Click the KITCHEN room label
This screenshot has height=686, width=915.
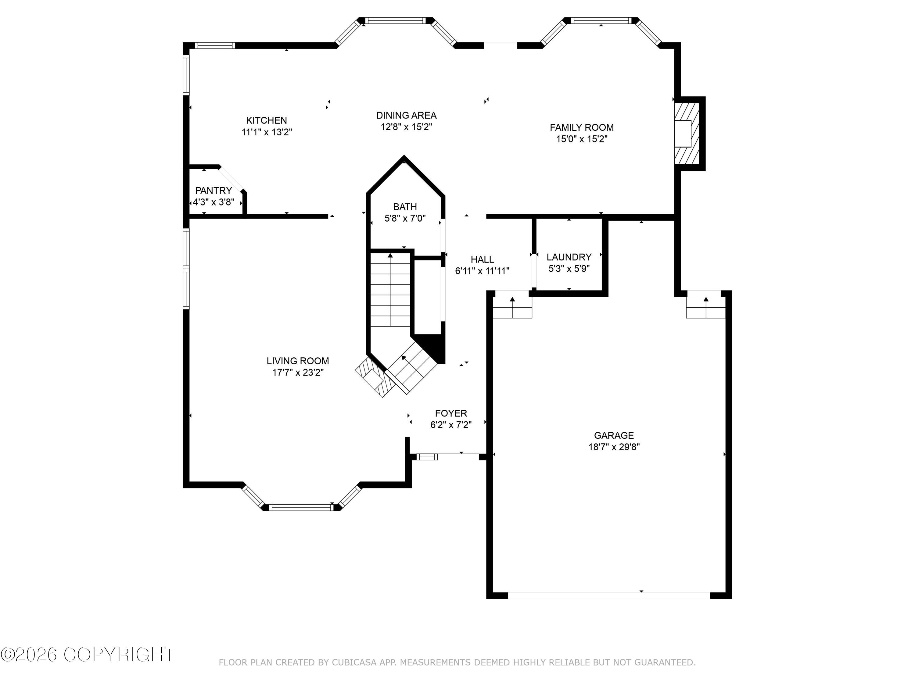266,120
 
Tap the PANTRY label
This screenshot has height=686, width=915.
213,191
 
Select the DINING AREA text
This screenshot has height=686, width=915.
406,115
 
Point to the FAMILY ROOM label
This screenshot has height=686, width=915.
582,127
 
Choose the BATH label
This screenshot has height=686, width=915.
405,207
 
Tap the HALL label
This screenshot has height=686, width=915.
482,259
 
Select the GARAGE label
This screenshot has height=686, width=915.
614,435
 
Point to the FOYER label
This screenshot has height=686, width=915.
451,413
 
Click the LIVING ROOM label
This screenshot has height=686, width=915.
298,361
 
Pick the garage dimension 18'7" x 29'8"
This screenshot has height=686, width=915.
614,447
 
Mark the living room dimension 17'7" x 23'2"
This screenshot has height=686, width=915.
298,373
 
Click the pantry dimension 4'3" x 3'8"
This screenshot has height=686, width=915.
213,202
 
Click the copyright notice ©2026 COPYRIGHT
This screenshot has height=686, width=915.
88,655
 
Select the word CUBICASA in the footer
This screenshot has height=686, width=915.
354,663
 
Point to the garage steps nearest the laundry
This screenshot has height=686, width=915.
512,308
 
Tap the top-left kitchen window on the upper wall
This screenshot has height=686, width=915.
215,45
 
